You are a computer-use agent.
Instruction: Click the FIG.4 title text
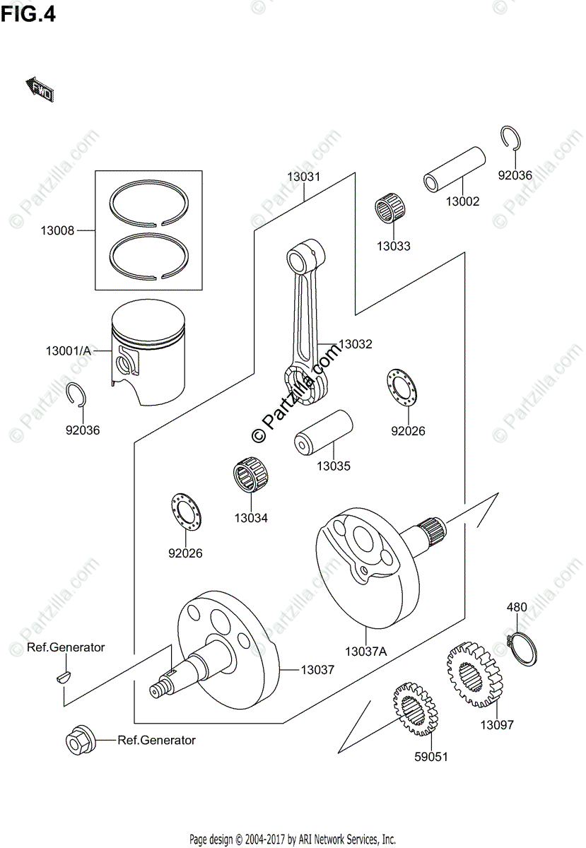coord(28,14)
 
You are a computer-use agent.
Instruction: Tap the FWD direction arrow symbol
coord(40,89)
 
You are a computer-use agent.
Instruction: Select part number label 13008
coord(57,230)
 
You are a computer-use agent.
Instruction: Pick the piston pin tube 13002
coord(455,170)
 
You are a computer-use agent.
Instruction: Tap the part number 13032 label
coord(355,344)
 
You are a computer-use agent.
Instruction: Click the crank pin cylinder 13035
coord(323,432)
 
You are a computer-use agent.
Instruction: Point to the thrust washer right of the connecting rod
coord(403,388)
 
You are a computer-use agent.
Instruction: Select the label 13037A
coord(365,652)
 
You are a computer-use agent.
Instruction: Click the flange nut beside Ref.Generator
coord(76,741)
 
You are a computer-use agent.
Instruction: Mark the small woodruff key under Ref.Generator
coord(64,676)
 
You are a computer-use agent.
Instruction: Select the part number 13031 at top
coord(303,177)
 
